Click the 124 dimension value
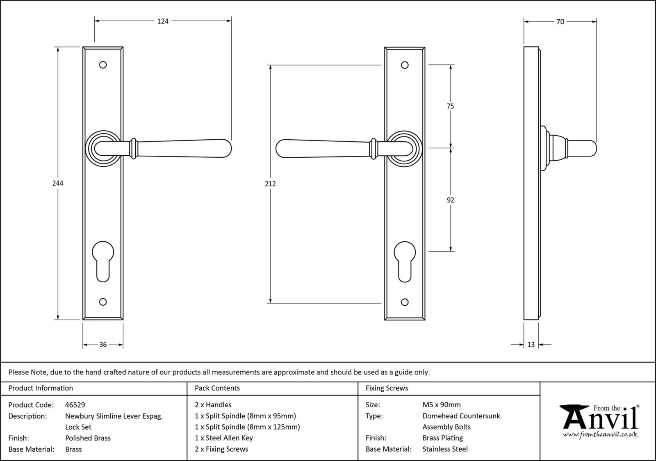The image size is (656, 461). tap(163, 21)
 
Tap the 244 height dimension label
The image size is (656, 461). tap(58, 183)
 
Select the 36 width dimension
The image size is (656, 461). tap(103, 345)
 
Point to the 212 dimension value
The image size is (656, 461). tap(270, 184)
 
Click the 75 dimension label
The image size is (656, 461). tap(450, 106)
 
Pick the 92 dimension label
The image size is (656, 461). tap(450, 200)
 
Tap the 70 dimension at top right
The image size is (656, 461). tap(560, 22)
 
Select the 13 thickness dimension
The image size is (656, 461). tap(531, 345)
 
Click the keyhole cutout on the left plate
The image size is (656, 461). tap(103, 261)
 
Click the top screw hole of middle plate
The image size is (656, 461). tap(405, 65)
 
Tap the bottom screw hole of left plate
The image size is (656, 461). tap(103, 302)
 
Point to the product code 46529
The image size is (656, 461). tap(75, 405)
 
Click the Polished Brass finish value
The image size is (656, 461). tap(88, 438)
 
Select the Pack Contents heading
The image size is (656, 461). tap(217, 388)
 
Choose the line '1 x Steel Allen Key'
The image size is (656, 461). tap(224, 438)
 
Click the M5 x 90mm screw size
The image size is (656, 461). tap(442, 405)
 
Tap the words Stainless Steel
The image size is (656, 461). tap(445, 449)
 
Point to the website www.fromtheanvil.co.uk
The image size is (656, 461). tap(600, 434)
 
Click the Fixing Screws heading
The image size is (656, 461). tap(387, 388)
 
